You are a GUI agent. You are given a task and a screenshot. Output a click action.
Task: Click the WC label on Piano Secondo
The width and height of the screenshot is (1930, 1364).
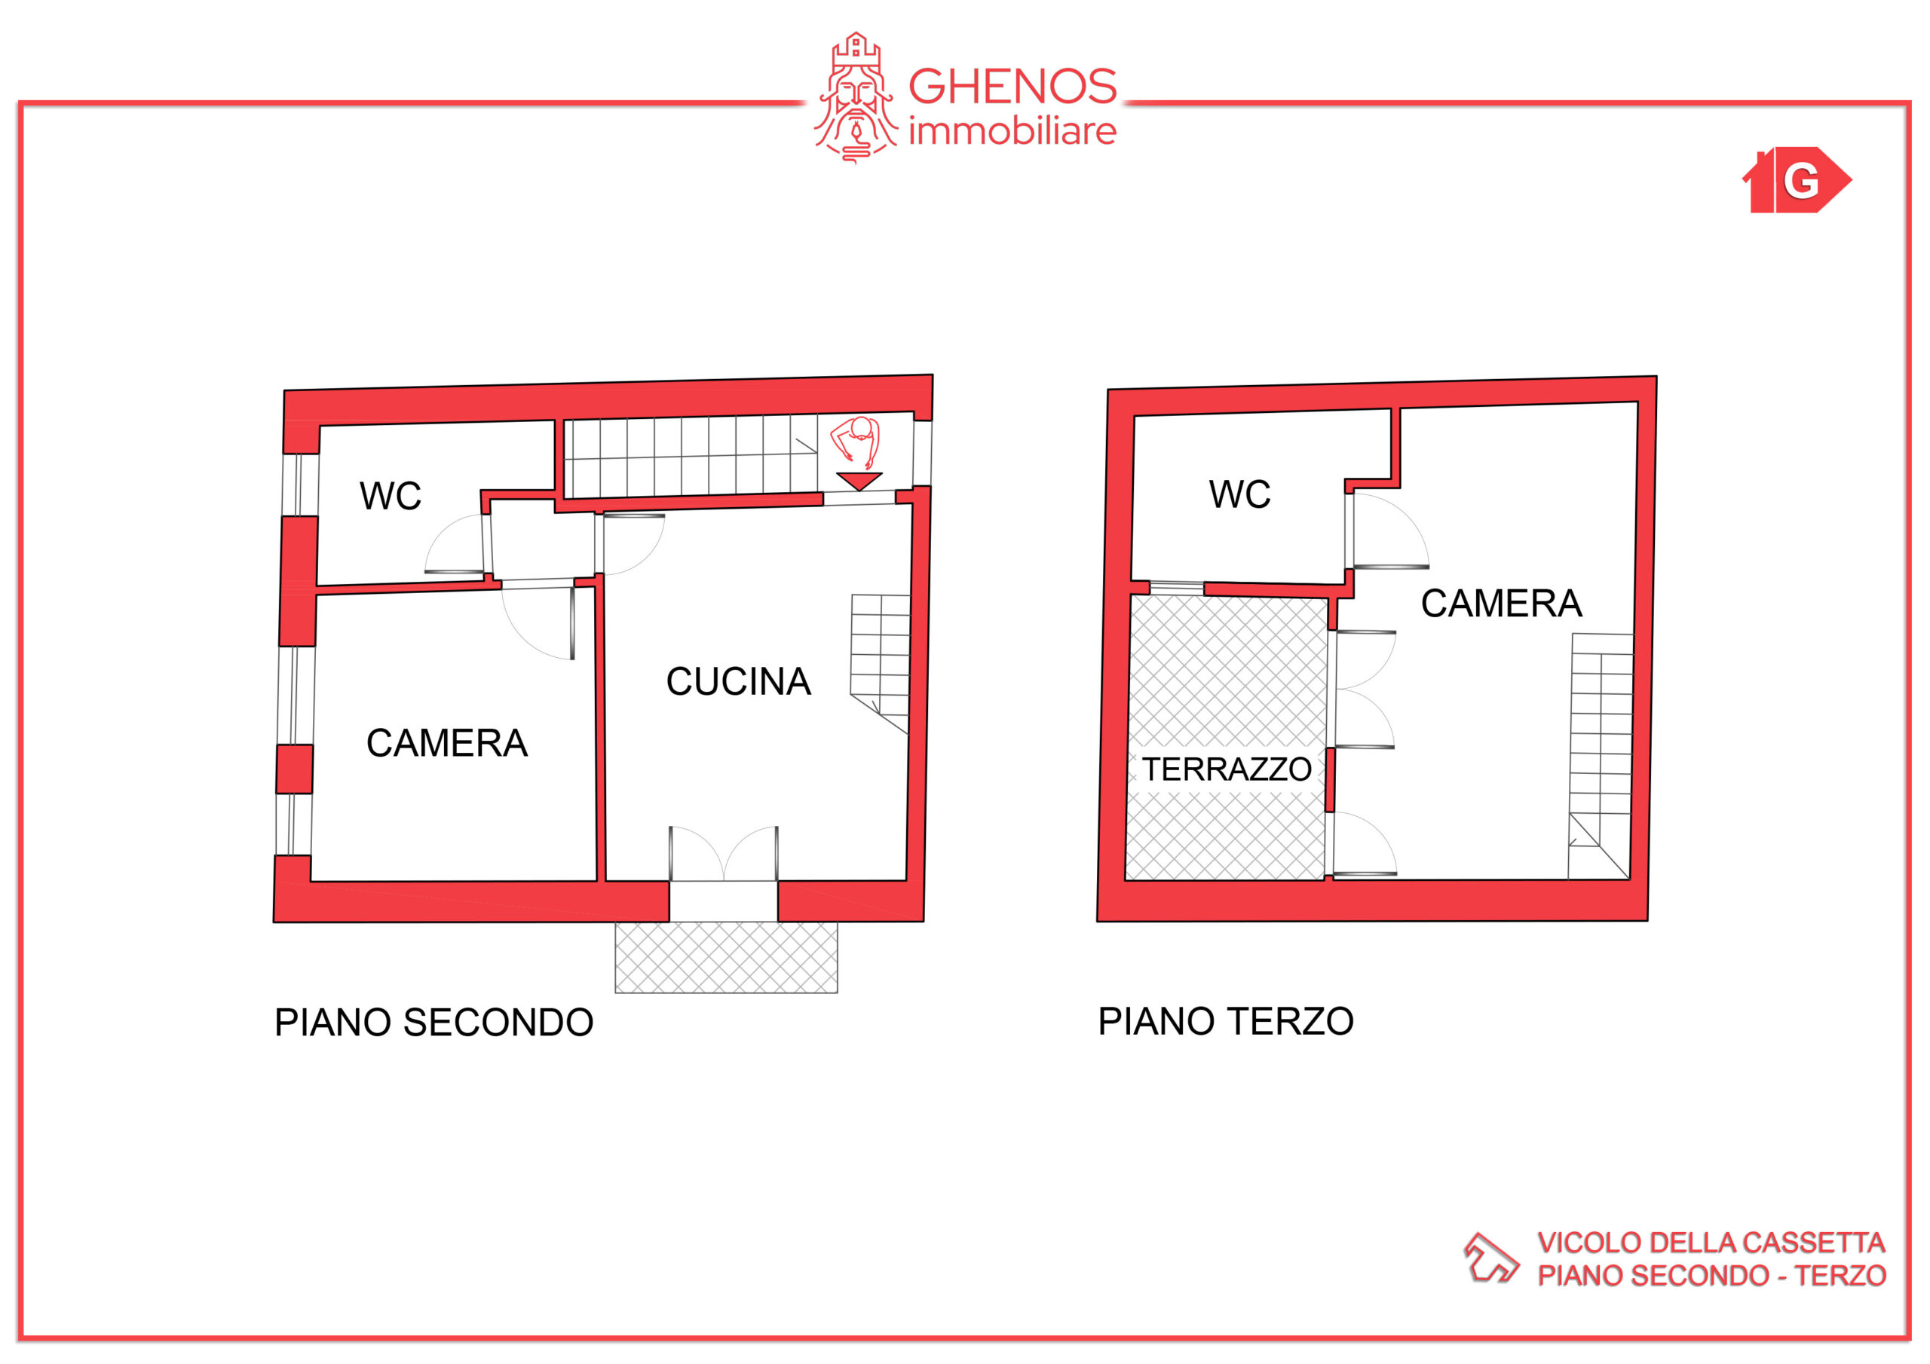point(390,496)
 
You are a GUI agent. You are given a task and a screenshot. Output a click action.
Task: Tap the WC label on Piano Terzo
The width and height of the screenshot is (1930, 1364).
point(1240,494)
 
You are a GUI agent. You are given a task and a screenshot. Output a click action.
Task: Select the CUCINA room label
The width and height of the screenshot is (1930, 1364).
point(738,681)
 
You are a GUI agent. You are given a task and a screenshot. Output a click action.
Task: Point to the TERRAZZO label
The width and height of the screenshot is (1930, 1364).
point(1227,769)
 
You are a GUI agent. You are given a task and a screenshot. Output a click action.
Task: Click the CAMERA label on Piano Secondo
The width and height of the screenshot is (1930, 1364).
point(446,743)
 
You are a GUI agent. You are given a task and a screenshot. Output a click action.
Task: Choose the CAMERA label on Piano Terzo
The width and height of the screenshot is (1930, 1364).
point(1501,604)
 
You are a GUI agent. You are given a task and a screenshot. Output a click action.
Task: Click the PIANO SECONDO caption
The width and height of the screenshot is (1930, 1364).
point(433,1023)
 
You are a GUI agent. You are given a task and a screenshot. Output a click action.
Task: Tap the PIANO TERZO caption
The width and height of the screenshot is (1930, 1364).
point(1226,1021)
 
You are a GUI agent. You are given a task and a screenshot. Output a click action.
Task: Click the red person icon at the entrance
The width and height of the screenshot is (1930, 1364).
point(856,443)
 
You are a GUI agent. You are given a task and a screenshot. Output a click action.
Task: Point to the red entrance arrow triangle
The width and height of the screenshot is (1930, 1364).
point(859,480)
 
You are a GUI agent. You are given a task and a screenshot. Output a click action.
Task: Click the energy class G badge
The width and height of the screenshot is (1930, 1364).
point(1797,180)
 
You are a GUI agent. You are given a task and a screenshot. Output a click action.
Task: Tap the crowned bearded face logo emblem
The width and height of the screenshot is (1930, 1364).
point(856,97)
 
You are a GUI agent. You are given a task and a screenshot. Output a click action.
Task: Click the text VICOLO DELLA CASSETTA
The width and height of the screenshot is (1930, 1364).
point(1711,1243)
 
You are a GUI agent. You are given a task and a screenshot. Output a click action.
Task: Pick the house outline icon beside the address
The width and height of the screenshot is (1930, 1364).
point(1491,1258)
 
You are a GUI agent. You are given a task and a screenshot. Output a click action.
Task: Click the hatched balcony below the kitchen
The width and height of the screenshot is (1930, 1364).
point(726,957)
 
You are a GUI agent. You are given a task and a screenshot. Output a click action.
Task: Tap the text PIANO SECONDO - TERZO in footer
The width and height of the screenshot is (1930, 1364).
point(1711,1276)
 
